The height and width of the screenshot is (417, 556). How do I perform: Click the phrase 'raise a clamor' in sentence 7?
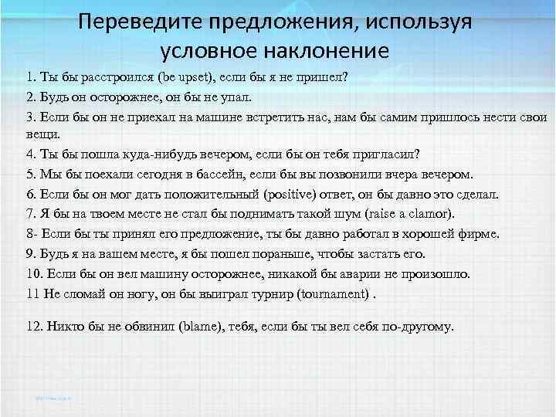[x=409, y=213]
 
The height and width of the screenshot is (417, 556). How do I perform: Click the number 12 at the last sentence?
[x=33, y=326]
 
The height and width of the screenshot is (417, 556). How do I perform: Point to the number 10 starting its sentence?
[x=33, y=273]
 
